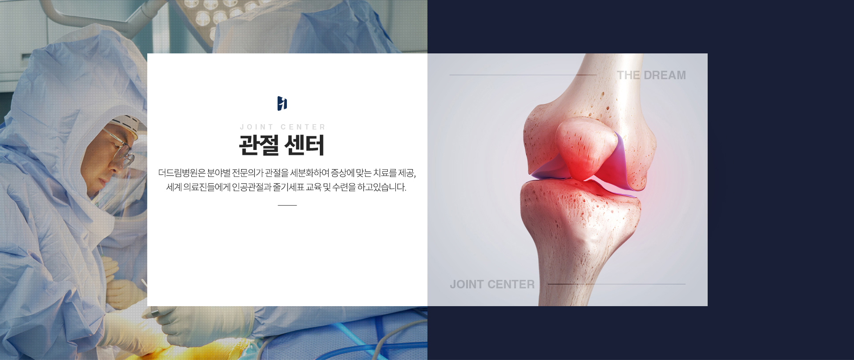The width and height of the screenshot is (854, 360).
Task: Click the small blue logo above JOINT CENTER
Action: pyautogui.click(x=282, y=103)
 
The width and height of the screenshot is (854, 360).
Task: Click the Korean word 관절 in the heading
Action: pyautogui.click(x=259, y=145)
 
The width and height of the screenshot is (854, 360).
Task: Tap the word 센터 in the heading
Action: pyautogui.click(x=305, y=145)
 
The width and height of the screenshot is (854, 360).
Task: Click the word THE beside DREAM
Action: pyautogui.click(x=628, y=75)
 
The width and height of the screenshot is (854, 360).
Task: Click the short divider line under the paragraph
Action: pyautogui.click(x=287, y=205)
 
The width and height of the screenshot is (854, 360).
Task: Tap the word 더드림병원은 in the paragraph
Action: pyautogui.click(x=182, y=173)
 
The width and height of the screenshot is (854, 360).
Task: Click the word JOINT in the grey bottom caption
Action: pyautogui.click(x=466, y=284)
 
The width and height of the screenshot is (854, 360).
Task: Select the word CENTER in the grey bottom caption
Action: pyautogui.click(x=511, y=284)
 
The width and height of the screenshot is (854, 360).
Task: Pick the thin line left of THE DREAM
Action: pyautogui.click(x=523, y=75)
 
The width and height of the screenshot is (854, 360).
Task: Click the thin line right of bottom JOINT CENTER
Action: pyautogui.click(x=616, y=284)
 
